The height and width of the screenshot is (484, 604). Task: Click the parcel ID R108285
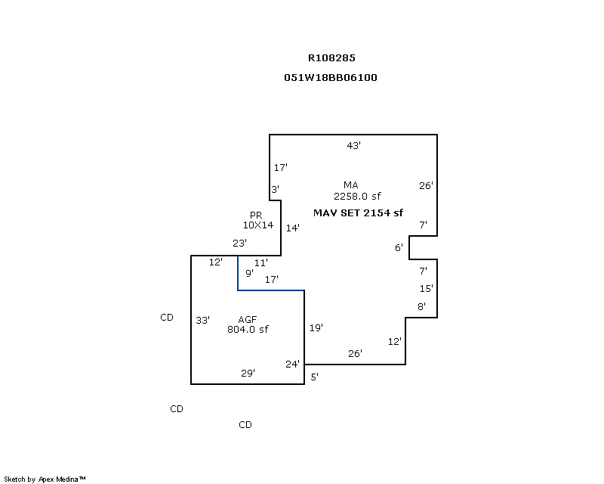point(331,58)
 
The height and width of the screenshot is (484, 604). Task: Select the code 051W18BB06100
point(331,78)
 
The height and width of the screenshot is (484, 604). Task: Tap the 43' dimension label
point(353,145)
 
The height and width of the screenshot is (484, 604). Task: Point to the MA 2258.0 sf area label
point(356,191)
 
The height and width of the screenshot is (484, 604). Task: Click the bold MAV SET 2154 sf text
point(358,213)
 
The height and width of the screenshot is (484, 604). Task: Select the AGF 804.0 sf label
point(248,324)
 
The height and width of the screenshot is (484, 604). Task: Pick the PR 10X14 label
point(257,220)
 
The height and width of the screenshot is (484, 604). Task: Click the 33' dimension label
point(202,320)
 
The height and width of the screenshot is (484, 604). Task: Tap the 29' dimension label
point(248,373)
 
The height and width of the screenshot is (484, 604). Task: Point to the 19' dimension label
point(316,327)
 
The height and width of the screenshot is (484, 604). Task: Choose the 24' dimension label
point(292,364)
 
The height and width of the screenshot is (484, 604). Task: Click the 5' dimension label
point(314,377)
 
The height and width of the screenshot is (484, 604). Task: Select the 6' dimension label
point(399,247)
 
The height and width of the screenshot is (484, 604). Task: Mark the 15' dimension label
point(426,288)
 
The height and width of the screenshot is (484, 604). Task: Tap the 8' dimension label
point(421,306)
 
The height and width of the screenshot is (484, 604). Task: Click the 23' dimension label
point(239,244)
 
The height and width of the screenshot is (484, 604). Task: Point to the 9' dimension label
point(249,273)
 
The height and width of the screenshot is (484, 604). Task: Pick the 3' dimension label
point(275,190)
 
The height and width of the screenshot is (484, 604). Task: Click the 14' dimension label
point(293,228)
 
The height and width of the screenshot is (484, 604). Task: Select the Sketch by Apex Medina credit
point(45,479)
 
